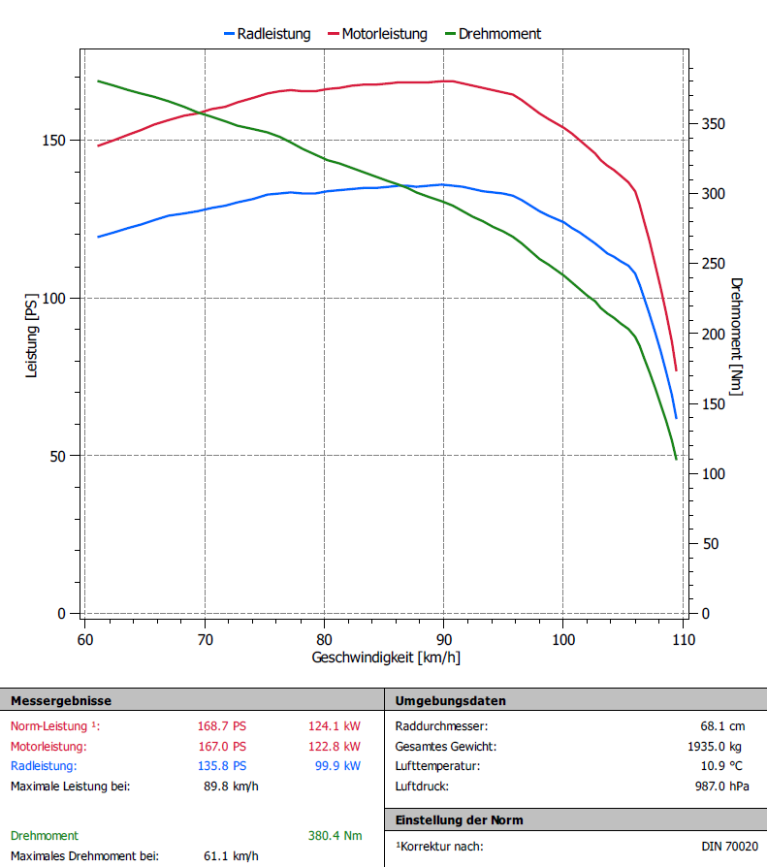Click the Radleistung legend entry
(273, 34)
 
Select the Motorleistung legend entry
(384, 34)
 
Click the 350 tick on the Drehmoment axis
(713, 124)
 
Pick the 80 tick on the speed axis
(324, 640)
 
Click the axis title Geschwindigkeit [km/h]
(386, 658)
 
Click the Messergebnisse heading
(60, 700)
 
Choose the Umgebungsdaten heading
(450, 700)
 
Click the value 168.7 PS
(222, 726)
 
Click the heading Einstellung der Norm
(459, 820)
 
